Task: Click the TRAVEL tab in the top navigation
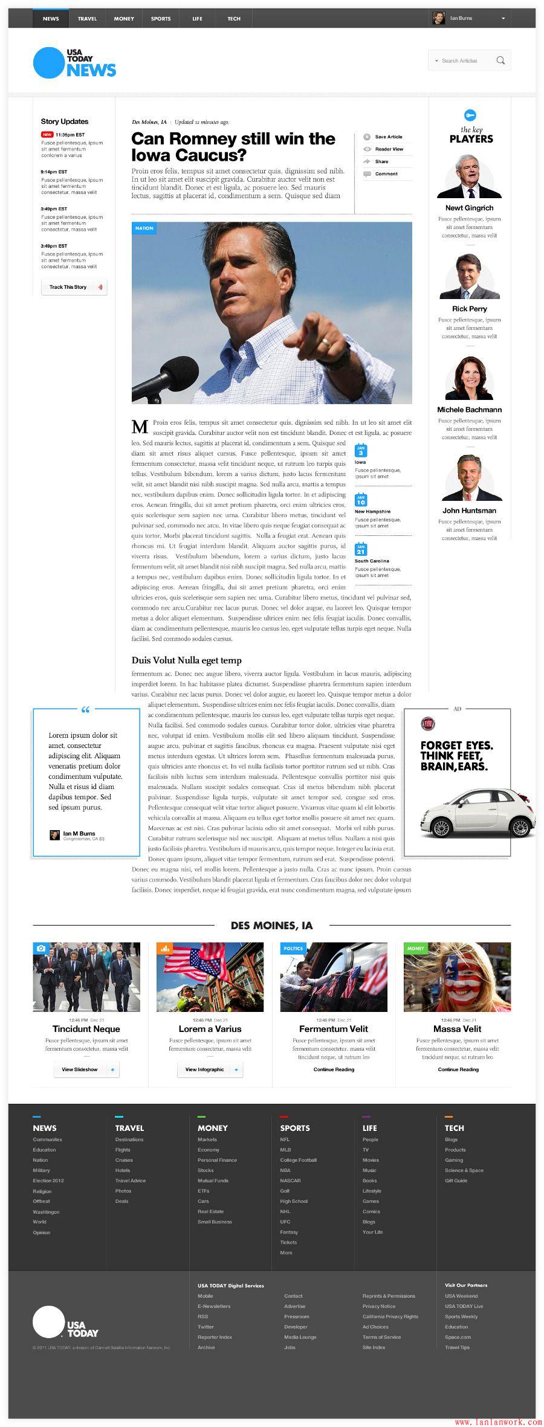pos(87,19)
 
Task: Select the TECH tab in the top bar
pos(234,19)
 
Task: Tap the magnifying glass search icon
pos(500,60)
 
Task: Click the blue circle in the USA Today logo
pos(48,63)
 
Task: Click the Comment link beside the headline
pos(386,174)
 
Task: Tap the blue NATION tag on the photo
pos(144,228)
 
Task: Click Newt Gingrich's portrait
pos(469,177)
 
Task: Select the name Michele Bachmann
pos(469,410)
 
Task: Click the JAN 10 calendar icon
pos(361,500)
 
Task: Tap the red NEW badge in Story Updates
pos(47,135)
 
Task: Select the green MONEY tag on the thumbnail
pos(415,949)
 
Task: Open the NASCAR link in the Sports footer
pos(290,1181)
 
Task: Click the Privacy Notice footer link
pos(379,1306)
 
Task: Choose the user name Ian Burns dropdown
pos(470,19)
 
